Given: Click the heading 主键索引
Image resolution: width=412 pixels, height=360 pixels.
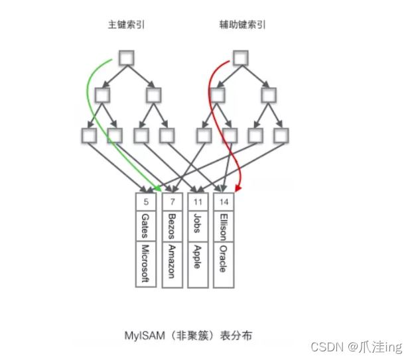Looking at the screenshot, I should click(x=127, y=26).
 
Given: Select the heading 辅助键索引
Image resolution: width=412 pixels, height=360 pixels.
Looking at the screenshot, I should click(x=242, y=26).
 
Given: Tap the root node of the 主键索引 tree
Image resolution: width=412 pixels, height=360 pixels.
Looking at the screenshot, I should click(x=127, y=58).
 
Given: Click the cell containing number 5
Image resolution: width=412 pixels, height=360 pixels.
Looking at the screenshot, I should click(x=145, y=200).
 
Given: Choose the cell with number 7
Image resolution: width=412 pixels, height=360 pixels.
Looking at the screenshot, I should click(x=171, y=200).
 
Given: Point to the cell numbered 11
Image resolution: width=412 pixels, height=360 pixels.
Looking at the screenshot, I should click(x=197, y=200).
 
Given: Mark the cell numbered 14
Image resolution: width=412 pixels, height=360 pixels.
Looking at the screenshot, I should click(x=223, y=200).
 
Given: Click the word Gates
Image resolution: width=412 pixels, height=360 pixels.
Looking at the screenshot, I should click(x=145, y=225).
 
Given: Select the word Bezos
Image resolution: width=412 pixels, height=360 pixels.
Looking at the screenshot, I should click(x=171, y=225).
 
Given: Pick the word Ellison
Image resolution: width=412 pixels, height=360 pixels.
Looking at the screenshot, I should click(x=223, y=225).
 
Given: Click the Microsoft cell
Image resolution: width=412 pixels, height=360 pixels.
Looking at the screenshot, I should click(x=145, y=264).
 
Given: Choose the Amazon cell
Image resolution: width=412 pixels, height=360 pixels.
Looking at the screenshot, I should click(x=171, y=262).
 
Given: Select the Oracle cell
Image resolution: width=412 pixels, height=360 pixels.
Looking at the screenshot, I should click(x=223, y=259).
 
